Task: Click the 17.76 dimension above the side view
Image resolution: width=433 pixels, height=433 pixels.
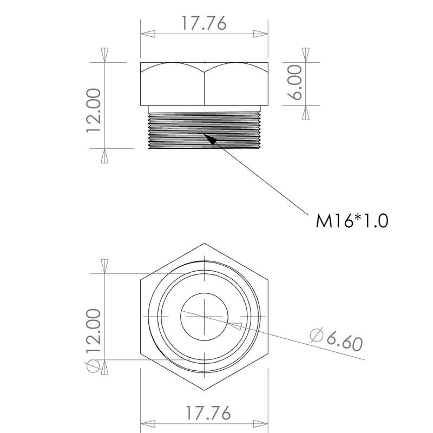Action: pyautogui.click(x=204, y=24)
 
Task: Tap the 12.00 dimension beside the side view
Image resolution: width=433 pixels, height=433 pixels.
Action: pyautogui.click(x=93, y=110)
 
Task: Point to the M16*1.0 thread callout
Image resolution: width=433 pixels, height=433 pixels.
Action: pyautogui.click(x=352, y=221)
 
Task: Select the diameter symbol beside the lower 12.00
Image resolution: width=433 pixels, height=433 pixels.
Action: pyautogui.click(x=93, y=365)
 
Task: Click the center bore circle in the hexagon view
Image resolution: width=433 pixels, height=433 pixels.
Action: pyautogui.click(x=204, y=316)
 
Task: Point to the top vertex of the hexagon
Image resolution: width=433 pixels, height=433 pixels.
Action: pyautogui.click(x=204, y=242)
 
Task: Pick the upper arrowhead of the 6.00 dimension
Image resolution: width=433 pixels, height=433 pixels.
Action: pyautogui.click(x=306, y=55)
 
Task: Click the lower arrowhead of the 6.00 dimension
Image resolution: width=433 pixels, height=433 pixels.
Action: pyautogui.click(x=306, y=112)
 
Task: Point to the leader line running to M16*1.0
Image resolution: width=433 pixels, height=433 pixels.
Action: pyautogui.click(x=260, y=176)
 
